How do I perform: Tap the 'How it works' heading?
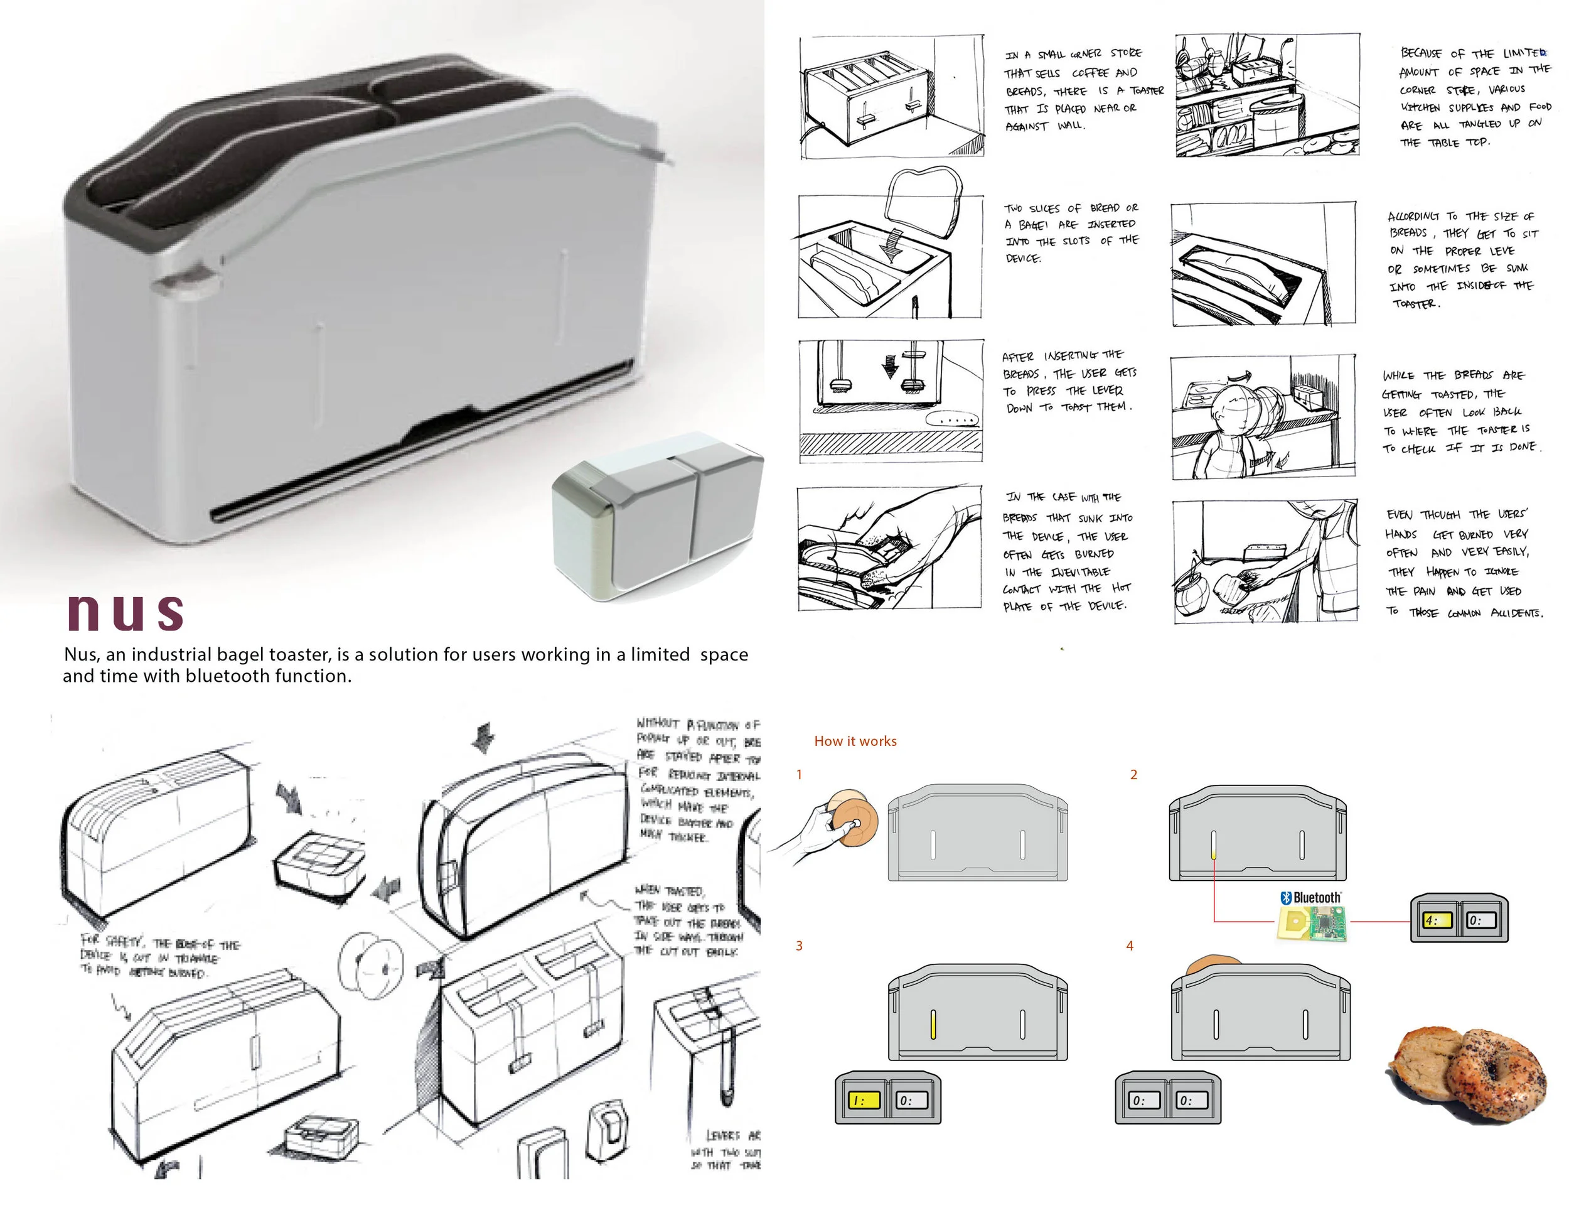pyautogui.click(x=855, y=741)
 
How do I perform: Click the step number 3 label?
pyautogui.click(x=799, y=946)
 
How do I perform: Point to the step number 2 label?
pyautogui.click(x=1133, y=775)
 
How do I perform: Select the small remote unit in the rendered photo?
pyautogui.click(x=657, y=514)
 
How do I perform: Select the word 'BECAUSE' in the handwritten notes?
pyautogui.click(x=1420, y=54)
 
